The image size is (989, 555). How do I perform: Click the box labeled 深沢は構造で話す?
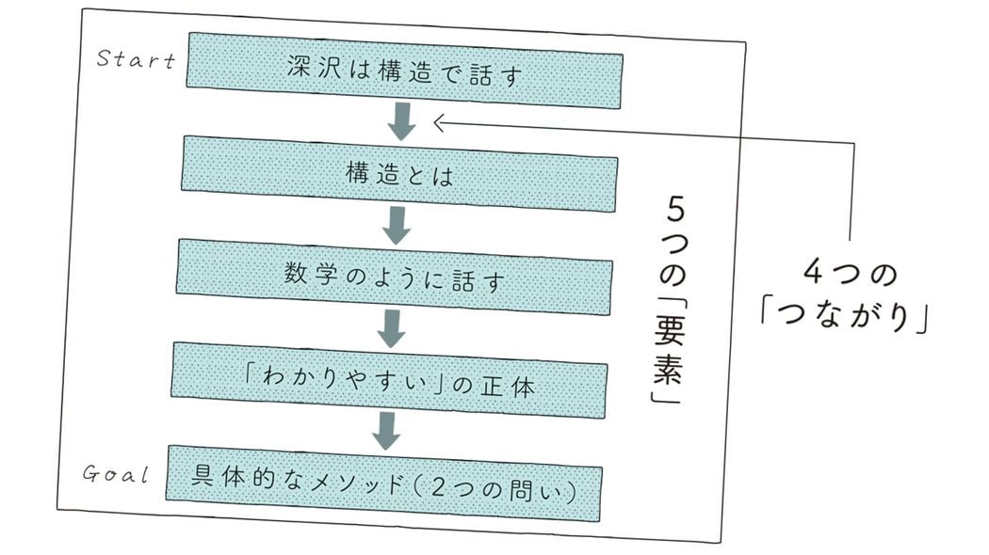(x=404, y=71)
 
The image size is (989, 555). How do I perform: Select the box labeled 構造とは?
(x=399, y=173)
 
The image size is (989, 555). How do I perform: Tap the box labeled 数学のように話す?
(x=394, y=276)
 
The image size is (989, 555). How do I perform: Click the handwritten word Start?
(x=137, y=60)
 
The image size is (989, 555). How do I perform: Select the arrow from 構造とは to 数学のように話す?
(x=397, y=225)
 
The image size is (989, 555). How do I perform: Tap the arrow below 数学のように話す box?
(x=391, y=327)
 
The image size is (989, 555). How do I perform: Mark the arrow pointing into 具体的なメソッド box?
(x=385, y=430)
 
